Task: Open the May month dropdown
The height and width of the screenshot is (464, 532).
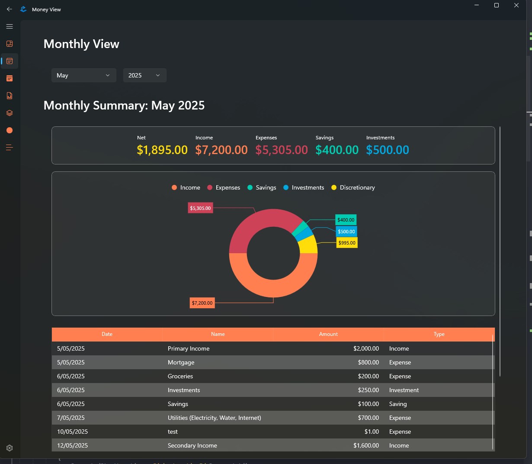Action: point(83,75)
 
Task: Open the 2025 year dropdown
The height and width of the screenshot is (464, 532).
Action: point(144,75)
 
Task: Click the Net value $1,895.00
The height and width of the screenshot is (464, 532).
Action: point(162,150)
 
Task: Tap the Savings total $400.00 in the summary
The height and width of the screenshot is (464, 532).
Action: point(337,150)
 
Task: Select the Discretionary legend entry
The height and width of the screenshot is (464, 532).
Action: point(353,187)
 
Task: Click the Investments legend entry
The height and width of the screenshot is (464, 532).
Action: point(304,187)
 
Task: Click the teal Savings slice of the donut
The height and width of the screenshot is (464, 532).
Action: point(300,228)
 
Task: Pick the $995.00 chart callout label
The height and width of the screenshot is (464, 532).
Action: point(347,243)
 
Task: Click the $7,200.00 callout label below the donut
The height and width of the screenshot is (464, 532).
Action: point(202,303)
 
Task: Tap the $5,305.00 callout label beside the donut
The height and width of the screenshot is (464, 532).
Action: point(200,208)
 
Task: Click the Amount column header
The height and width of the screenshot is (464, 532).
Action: point(328,334)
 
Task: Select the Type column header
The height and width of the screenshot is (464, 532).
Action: point(439,334)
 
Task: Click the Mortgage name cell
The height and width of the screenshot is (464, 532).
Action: point(181,363)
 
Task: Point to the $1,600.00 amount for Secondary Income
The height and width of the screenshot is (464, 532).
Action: point(366,445)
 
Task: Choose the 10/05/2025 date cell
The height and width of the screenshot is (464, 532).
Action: point(72,432)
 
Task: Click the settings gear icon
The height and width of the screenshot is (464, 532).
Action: point(10,448)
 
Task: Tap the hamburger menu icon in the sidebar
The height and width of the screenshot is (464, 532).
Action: point(10,26)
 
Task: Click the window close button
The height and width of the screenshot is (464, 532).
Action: point(516,5)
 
